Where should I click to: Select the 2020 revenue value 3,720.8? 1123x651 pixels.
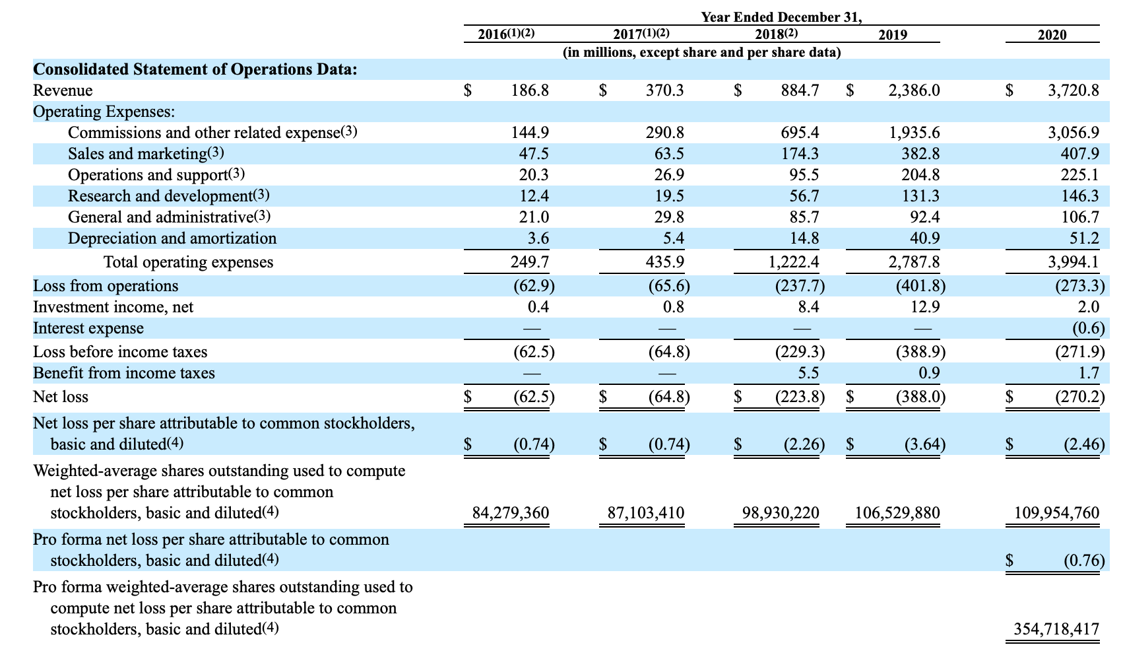(1074, 90)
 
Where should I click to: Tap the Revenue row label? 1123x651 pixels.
(63, 90)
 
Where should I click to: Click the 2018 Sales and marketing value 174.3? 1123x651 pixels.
(800, 154)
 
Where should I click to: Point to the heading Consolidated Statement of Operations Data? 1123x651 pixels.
(195, 69)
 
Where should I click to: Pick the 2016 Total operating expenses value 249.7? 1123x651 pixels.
(530, 262)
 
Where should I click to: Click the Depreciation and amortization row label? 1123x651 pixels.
(172, 238)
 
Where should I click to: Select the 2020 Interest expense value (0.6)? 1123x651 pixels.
(1085, 328)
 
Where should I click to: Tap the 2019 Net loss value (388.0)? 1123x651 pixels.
(920, 397)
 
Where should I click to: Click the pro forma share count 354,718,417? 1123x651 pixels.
(1056, 629)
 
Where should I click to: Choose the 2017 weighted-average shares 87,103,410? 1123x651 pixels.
(645, 513)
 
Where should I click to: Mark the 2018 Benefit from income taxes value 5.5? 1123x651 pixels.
(808, 373)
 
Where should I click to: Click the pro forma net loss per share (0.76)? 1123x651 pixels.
(1084, 561)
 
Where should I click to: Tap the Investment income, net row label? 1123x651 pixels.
(113, 307)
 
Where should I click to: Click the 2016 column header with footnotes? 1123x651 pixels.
(506, 34)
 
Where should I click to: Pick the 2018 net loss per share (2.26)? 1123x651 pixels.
(803, 444)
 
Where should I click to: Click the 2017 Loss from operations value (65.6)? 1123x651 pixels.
(669, 286)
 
